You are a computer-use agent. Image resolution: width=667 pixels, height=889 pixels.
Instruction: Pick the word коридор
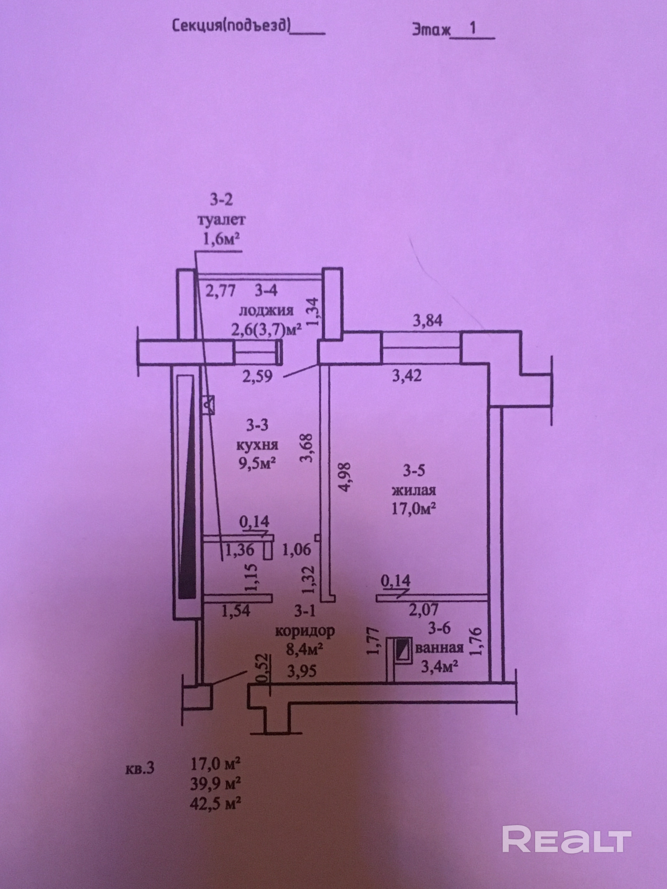pos(304,631)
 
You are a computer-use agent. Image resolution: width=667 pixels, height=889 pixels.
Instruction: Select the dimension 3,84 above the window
pos(428,321)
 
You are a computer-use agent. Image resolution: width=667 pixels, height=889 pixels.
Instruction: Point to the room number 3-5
pos(414,471)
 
